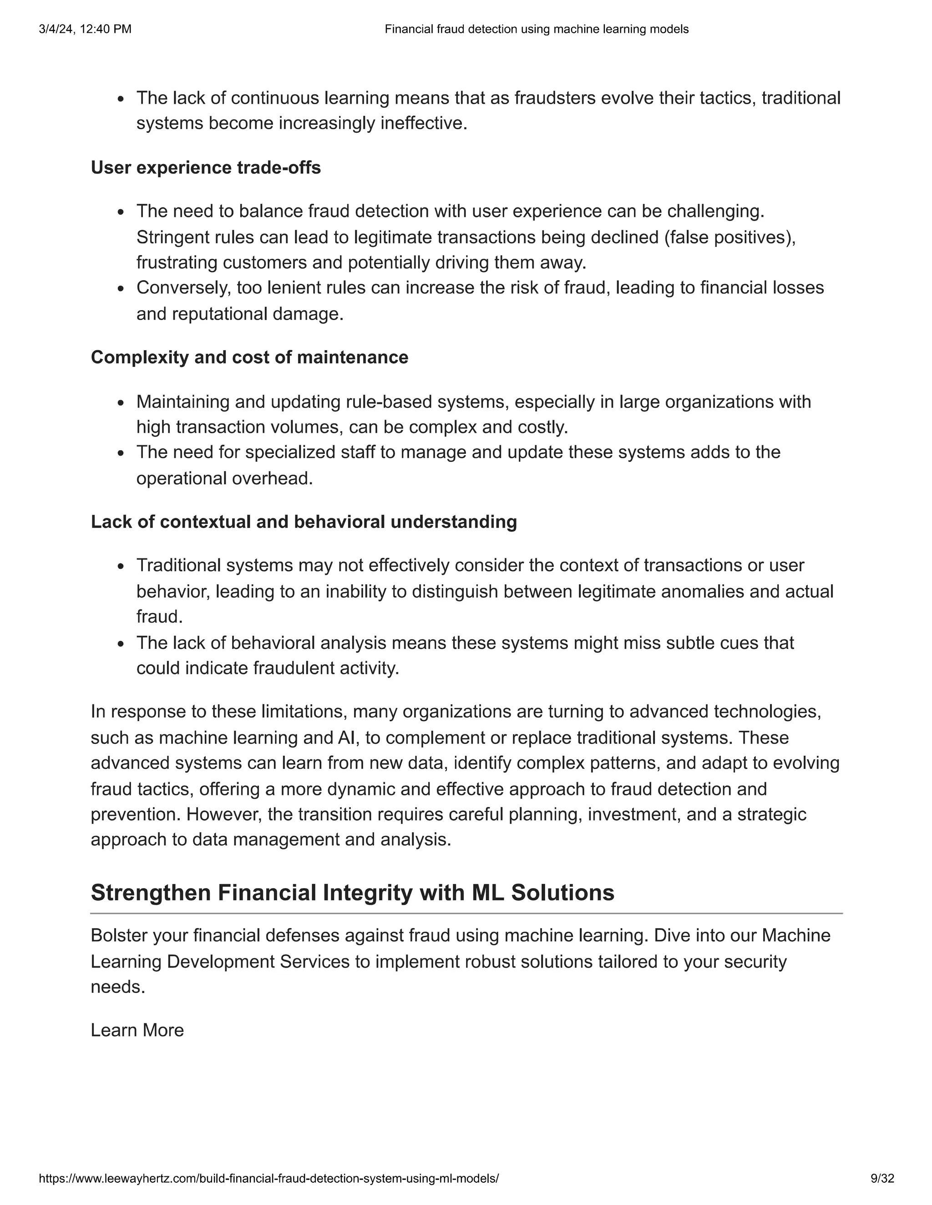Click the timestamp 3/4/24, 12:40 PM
point(85,29)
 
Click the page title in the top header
point(536,29)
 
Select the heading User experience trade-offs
point(205,167)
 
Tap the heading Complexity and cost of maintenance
point(249,357)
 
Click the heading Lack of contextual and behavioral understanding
point(304,522)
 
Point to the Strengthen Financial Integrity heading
point(352,892)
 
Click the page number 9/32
point(882,1179)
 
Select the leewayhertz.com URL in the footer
point(268,1179)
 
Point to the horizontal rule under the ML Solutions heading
point(466,913)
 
